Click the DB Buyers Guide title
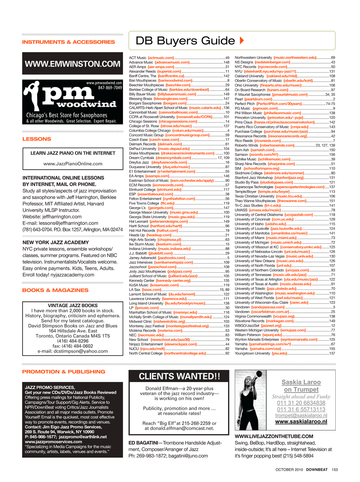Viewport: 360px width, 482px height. (x=185, y=41)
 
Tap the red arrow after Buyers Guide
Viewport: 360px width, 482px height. (x=242, y=41)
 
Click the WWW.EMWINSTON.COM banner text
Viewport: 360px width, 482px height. (x=73, y=64)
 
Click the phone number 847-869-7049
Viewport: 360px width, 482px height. (x=110, y=88)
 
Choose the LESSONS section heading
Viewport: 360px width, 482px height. (x=37, y=139)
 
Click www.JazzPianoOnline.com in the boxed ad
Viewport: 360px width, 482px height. (x=73, y=164)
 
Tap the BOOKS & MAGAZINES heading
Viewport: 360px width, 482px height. (x=55, y=290)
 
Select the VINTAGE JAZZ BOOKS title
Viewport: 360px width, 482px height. (x=73, y=305)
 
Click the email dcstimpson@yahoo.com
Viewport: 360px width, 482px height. (x=73, y=351)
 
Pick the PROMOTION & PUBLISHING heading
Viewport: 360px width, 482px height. (x=64, y=372)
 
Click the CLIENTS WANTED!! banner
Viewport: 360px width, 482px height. (x=179, y=376)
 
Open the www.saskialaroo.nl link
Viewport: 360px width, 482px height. (x=301, y=422)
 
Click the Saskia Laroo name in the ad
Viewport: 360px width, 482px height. (x=301, y=382)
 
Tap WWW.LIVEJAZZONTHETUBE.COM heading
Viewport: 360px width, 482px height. (x=274, y=436)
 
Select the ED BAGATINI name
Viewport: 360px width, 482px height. (x=143, y=443)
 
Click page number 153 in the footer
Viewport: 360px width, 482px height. (x=334, y=470)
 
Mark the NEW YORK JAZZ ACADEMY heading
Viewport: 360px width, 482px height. (x=56, y=243)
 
